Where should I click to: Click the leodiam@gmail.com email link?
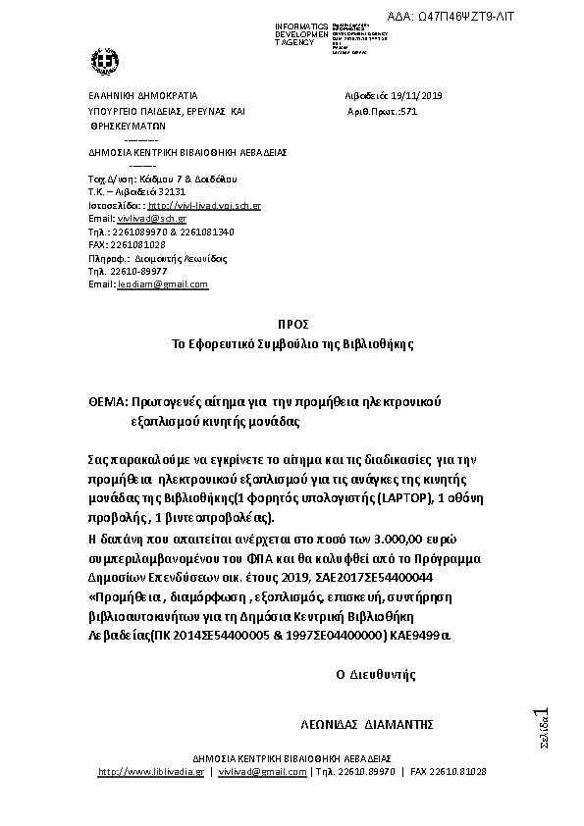click(162, 284)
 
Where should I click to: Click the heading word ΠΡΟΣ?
click(292, 325)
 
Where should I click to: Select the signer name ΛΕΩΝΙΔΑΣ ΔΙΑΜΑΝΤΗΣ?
click(367, 724)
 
